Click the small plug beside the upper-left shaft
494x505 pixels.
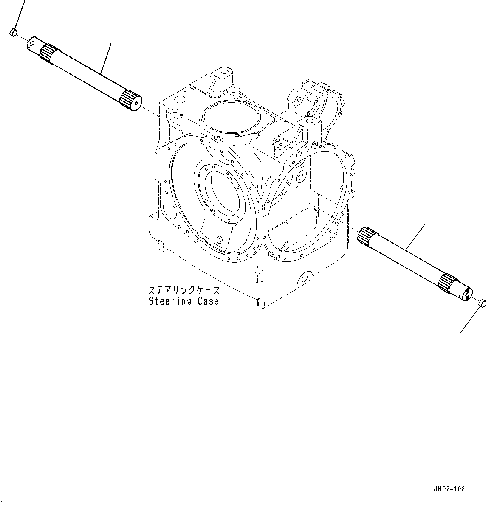point(13,32)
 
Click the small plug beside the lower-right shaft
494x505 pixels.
point(482,303)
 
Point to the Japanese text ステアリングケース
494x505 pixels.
point(184,291)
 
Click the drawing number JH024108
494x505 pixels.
point(450,489)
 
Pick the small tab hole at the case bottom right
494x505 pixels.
point(304,279)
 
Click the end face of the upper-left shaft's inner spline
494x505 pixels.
point(137,102)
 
